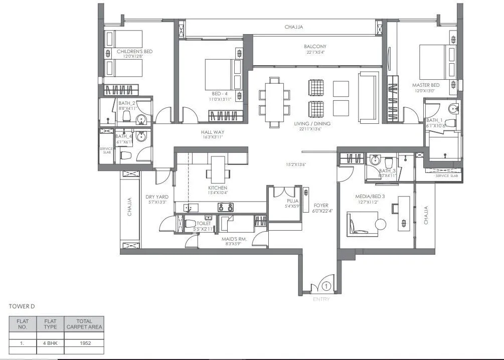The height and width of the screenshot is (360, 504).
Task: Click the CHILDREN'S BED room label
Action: coord(134,52)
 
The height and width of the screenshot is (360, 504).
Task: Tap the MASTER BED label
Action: coord(426,85)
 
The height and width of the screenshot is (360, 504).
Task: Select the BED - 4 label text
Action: coord(219,94)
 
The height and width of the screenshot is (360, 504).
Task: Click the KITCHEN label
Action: coord(218,188)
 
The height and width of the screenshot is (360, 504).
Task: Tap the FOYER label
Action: coord(321,206)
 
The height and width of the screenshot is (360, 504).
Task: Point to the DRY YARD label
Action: coord(157,197)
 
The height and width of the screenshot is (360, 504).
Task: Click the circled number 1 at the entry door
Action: coord(326,287)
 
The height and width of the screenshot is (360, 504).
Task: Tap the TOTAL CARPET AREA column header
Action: coord(85,323)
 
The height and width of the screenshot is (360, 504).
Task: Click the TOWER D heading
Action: coord(22,306)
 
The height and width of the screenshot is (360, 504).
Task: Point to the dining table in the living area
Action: coord(274,102)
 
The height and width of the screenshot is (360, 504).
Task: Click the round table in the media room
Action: coord(380,224)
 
